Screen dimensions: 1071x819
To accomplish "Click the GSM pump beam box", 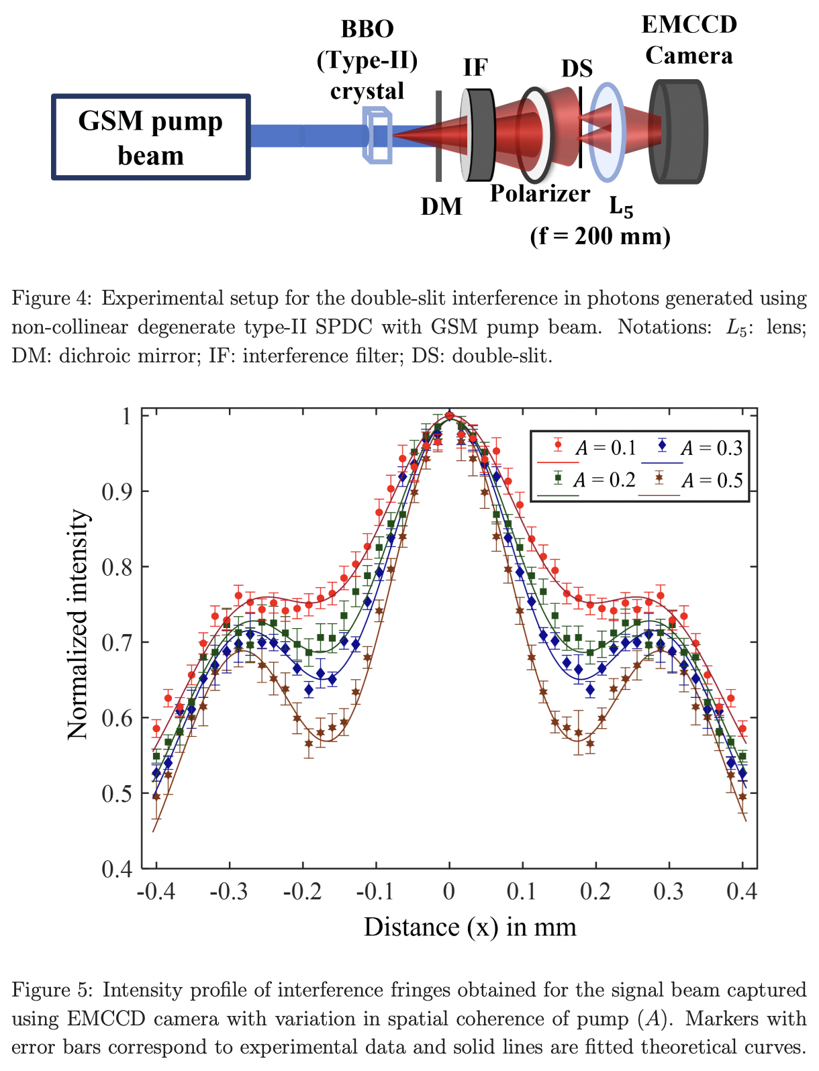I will click(x=150, y=138).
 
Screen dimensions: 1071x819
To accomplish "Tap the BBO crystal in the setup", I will click(x=377, y=136).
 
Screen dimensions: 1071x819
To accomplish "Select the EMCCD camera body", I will click(x=678, y=132).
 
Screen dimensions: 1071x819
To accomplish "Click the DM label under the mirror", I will click(x=441, y=206).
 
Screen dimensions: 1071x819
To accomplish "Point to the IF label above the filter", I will click(x=475, y=68).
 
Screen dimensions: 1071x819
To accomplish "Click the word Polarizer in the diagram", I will click(x=540, y=193).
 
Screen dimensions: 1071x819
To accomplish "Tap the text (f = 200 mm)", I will click(x=599, y=236).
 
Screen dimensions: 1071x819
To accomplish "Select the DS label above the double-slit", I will click(x=577, y=68).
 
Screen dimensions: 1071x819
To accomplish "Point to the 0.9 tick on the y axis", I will click(x=117, y=491).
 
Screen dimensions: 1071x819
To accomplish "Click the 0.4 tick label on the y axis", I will click(x=117, y=870).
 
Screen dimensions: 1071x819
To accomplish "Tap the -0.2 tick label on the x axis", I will click(x=303, y=892).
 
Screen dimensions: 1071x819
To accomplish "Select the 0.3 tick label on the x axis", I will click(x=668, y=892).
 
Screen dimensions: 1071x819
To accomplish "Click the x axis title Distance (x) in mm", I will click(x=470, y=927).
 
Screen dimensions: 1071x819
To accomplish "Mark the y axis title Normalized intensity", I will click(x=78, y=624).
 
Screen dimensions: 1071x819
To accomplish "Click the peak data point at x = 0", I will click(x=450, y=415).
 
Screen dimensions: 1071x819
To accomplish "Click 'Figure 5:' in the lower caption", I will click(x=53, y=990).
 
